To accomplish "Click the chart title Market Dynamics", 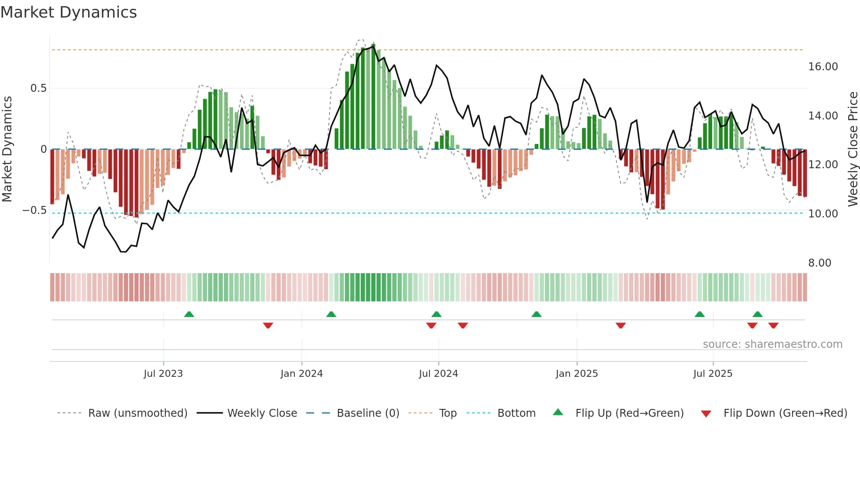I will [68, 12].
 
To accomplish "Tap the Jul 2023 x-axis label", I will [163, 374].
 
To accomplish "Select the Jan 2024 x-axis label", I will [301, 374].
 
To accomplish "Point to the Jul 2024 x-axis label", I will [438, 374].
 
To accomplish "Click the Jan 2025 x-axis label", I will [577, 374].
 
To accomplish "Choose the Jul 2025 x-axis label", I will [713, 374].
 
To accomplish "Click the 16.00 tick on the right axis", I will [823, 67].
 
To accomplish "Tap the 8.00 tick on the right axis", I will [820, 263].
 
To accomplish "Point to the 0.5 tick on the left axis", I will [38, 88].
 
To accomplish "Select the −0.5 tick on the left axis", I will [34, 210].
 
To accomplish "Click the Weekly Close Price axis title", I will [853, 149].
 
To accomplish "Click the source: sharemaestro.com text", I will [772, 344].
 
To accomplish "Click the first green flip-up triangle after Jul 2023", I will [189, 314].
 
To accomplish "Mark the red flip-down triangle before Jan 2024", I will [268, 325].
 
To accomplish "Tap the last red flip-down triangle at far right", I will [774, 325].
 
